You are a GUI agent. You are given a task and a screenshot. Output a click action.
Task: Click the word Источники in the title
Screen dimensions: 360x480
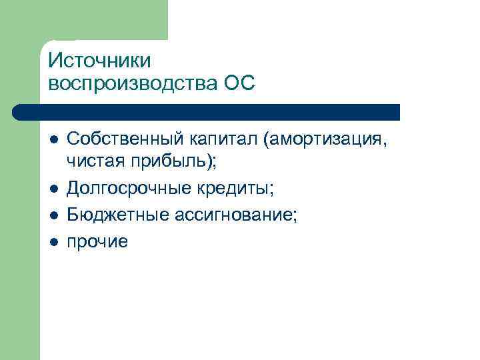(100, 61)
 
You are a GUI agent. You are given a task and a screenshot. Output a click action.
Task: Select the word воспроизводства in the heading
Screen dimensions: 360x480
(131, 84)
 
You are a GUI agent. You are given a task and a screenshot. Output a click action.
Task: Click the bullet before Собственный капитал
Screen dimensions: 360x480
(53, 139)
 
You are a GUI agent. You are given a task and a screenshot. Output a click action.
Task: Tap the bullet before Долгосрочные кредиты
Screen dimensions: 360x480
(53, 190)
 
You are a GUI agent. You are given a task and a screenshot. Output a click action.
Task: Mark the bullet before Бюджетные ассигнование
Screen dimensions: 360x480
(53, 215)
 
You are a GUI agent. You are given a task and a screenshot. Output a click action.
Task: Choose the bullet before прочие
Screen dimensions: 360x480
(53, 241)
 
